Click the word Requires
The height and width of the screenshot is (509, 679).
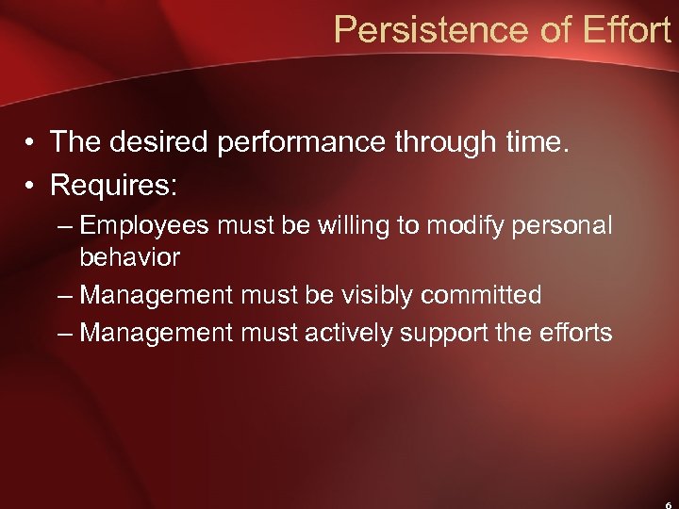(113, 186)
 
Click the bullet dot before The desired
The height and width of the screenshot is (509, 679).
(31, 143)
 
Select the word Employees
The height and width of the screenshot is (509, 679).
(147, 227)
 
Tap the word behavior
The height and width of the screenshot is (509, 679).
(129, 256)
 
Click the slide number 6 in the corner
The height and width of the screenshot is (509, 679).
(666, 504)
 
